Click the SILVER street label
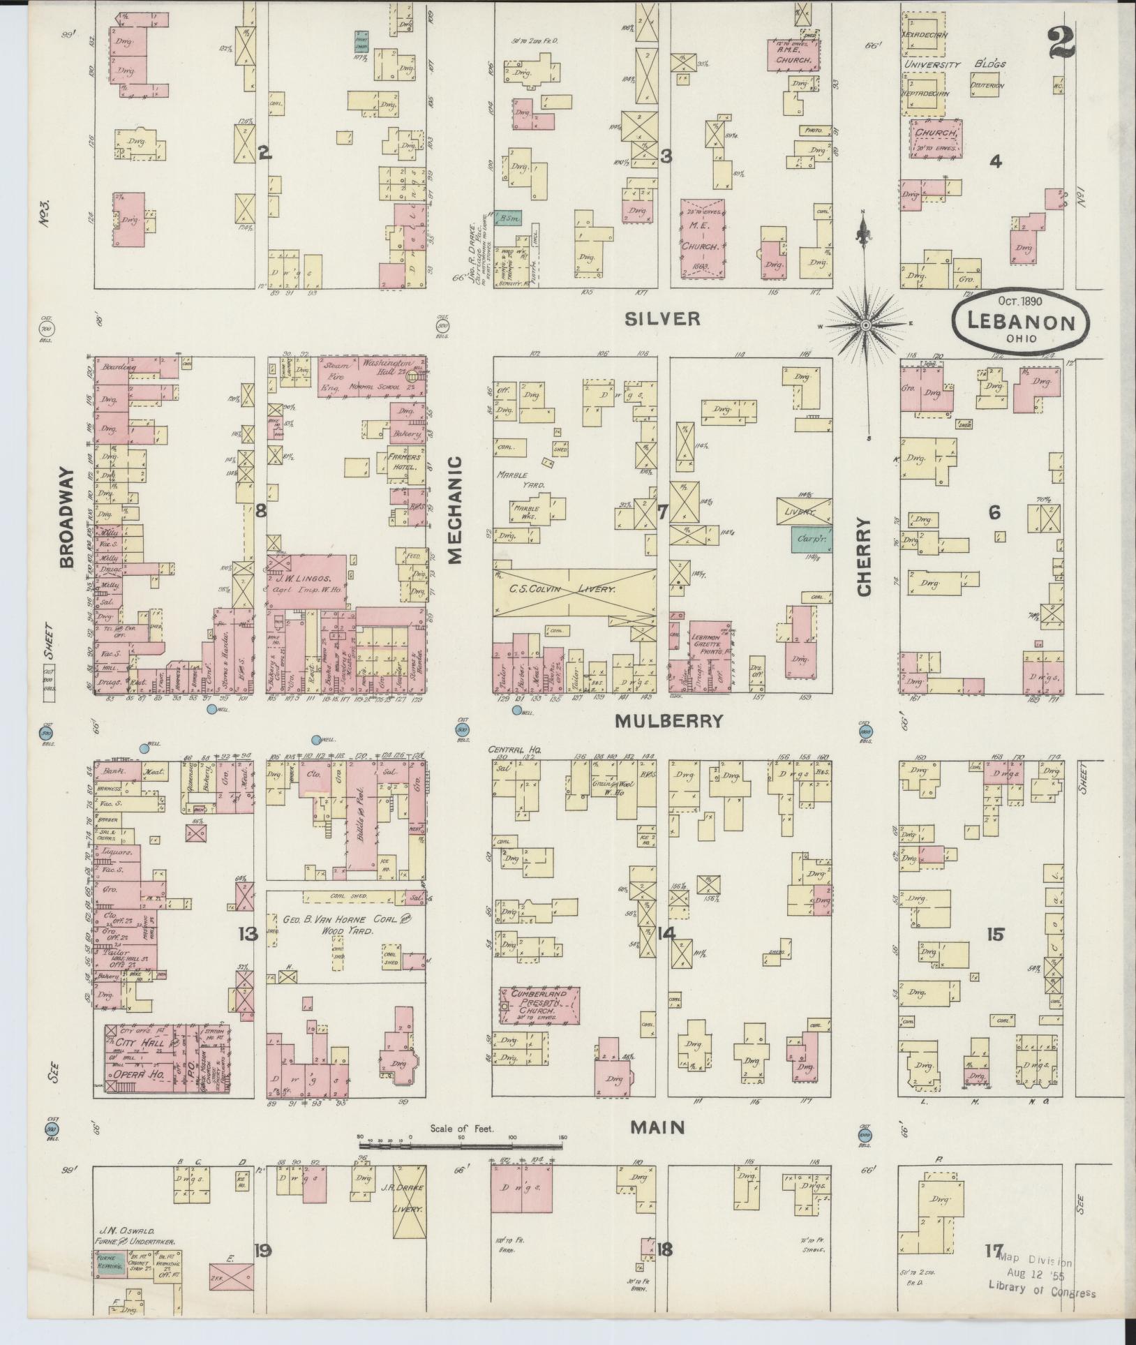[662, 319]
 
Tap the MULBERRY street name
[668, 721]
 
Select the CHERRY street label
[865, 556]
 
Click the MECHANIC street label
[455, 509]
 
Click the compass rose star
[865, 325]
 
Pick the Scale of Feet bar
[461, 1145]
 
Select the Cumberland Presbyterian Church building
[539, 1005]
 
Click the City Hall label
[140, 1062]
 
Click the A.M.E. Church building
[793, 55]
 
